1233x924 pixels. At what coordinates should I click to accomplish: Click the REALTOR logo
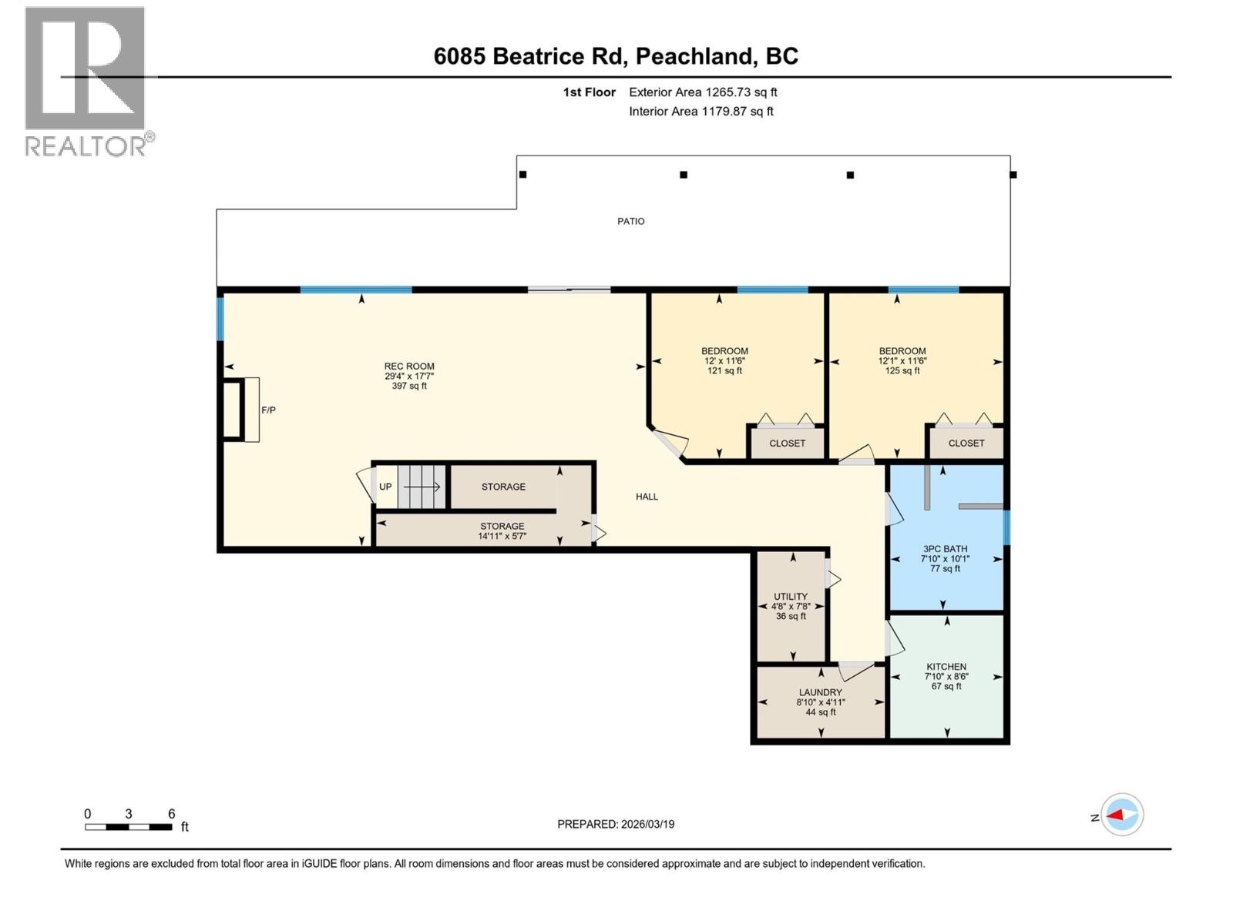click(x=86, y=81)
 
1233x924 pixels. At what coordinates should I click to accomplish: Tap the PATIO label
click(x=630, y=221)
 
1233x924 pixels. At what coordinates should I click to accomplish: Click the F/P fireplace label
click(x=267, y=410)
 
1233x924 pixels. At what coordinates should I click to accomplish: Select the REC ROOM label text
click(x=409, y=367)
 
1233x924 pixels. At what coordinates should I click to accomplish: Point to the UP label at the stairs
click(x=385, y=487)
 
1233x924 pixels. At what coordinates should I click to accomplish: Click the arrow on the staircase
click(x=423, y=487)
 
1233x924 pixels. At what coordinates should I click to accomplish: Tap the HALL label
click(x=647, y=497)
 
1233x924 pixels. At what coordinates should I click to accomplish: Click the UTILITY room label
click(x=791, y=597)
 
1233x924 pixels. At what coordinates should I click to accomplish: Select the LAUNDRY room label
click(x=820, y=692)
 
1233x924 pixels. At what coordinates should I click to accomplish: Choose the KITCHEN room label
click(x=946, y=667)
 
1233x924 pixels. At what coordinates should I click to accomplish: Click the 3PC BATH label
click(x=945, y=549)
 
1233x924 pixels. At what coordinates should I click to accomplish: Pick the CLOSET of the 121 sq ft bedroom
click(x=787, y=444)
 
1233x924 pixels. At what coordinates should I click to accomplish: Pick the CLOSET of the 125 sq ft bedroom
click(x=966, y=444)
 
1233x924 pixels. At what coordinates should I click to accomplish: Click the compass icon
click(x=1122, y=815)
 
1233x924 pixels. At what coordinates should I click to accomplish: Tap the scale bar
click(x=129, y=827)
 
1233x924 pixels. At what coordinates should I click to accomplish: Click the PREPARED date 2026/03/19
click(x=616, y=824)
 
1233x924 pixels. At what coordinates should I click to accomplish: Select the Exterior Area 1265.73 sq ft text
click(x=703, y=92)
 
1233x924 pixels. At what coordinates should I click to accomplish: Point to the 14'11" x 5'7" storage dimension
click(x=502, y=536)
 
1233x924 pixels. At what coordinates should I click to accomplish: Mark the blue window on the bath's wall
click(x=1006, y=527)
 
